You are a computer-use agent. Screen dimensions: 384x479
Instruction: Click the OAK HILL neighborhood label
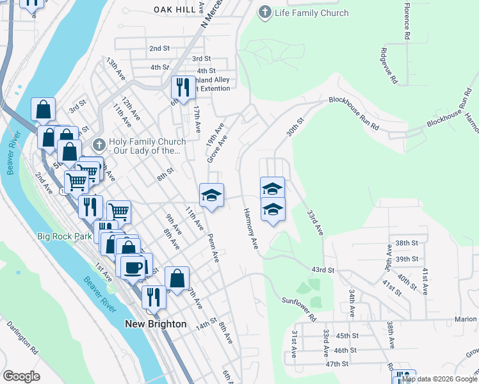click(x=175, y=9)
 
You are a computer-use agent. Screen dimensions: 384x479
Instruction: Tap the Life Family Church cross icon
click(x=264, y=13)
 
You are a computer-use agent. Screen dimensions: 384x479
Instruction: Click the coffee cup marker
click(x=133, y=267)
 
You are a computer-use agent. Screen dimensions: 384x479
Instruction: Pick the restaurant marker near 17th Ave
click(x=183, y=87)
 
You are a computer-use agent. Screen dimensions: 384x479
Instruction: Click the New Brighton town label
click(x=156, y=324)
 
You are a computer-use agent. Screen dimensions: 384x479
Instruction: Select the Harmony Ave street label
click(x=250, y=228)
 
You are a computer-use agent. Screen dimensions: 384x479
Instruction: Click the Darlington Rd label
click(x=23, y=337)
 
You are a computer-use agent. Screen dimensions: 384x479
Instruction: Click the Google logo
click(x=21, y=376)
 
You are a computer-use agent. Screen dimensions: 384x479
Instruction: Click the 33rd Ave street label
click(x=315, y=221)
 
